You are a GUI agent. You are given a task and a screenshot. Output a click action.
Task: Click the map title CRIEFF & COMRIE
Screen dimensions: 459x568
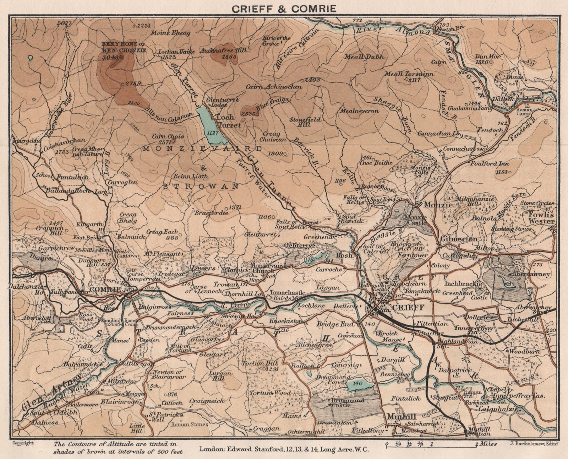pyautogui.click(x=284, y=8)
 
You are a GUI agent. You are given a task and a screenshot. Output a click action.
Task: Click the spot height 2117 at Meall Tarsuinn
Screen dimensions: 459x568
pyautogui.click(x=414, y=81)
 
